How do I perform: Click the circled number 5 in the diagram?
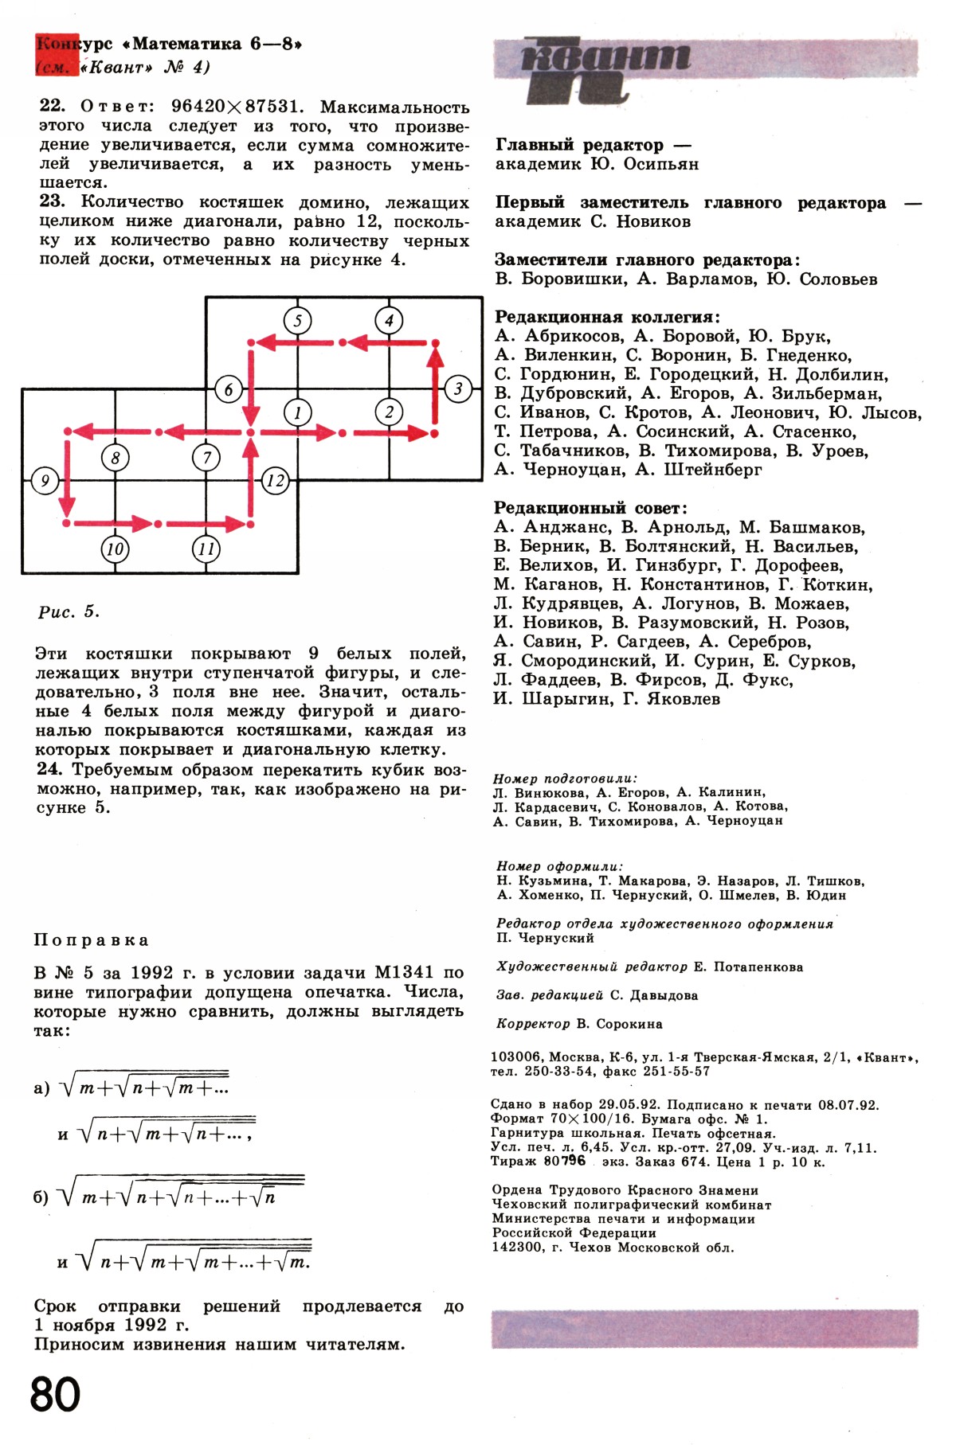click(298, 321)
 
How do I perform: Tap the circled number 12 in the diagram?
click(275, 481)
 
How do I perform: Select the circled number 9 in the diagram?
click(45, 481)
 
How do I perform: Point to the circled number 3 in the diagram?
click(458, 389)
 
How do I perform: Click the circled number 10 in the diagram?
click(116, 549)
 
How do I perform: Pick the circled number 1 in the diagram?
click(298, 412)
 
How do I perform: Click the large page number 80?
click(56, 1394)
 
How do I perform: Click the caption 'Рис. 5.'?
click(69, 612)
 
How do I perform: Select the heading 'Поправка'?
click(91, 940)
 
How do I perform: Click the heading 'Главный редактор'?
click(579, 145)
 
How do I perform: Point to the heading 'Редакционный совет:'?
click(590, 508)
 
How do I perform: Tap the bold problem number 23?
click(52, 201)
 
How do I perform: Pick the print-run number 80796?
click(564, 1161)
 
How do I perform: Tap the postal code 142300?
click(518, 1248)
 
